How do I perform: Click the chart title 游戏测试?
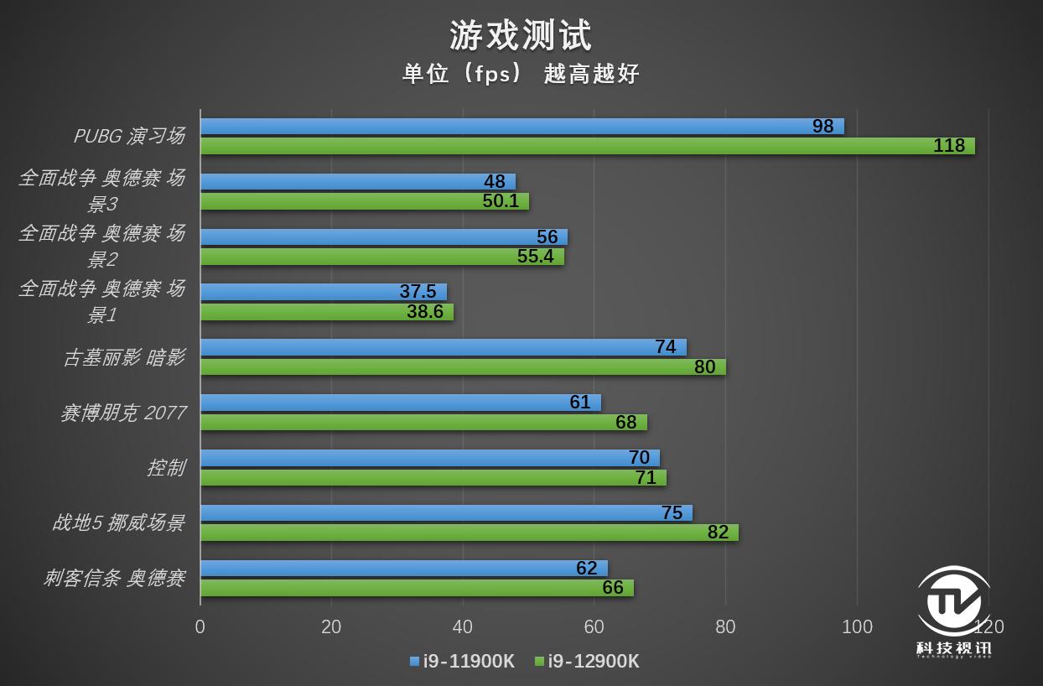[x=521, y=35]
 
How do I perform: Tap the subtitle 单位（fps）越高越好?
[x=521, y=74]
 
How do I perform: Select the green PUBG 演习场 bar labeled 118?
[x=587, y=146]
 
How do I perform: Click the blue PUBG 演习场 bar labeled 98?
[x=521, y=127]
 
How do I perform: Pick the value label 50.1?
[x=501, y=201]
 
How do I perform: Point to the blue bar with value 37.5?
[x=323, y=292]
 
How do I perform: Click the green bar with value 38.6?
[x=326, y=312]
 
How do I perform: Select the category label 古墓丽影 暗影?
[x=123, y=357]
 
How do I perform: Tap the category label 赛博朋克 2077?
[x=122, y=413]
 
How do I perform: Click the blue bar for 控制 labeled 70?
[x=429, y=458]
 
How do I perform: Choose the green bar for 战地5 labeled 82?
[x=469, y=533]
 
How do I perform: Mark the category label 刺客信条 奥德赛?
[x=114, y=578]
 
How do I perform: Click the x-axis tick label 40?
[x=462, y=626]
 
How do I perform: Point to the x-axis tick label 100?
[x=857, y=626]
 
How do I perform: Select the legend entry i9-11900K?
[x=462, y=661]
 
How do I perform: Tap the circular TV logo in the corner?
[x=953, y=602]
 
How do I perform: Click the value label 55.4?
[x=535, y=257]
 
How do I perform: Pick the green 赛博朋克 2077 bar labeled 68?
[x=423, y=423]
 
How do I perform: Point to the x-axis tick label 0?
[x=200, y=626]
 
